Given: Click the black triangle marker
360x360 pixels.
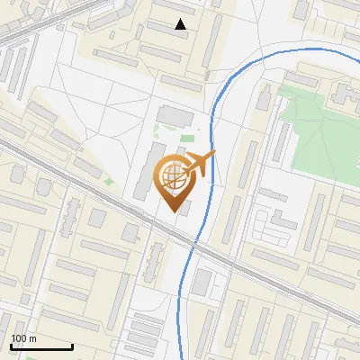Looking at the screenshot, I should click(x=181, y=24).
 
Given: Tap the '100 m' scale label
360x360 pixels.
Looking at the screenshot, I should click(x=23, y=338).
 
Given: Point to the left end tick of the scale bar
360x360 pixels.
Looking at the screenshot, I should click(x=11, y=346).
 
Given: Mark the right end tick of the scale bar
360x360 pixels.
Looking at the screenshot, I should click(x=72, y=346).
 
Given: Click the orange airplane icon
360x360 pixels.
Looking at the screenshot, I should click(x=199, y=166).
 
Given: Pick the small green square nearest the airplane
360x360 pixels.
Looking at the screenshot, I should click(x=187, y=139).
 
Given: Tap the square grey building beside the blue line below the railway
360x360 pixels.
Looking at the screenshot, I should click(x=202, y=283).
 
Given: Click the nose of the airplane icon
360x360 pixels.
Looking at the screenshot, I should click(x=213, y=156).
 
